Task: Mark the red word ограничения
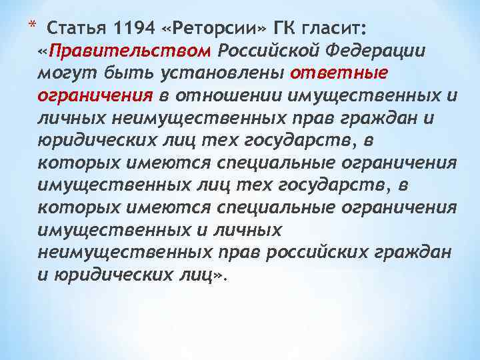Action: [x=96, y=96]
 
